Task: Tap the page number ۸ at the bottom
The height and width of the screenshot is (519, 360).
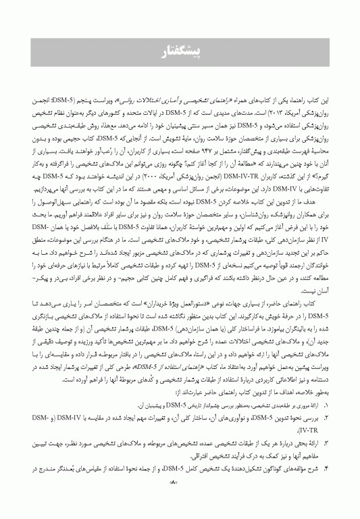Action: point(179,501)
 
